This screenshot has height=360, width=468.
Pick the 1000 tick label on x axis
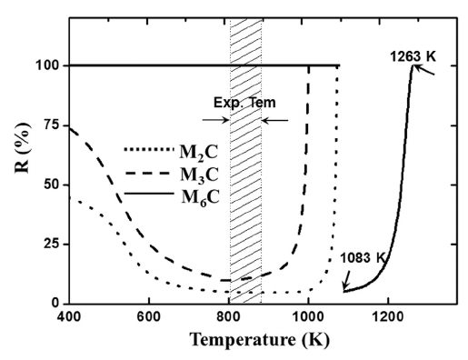[308, 317]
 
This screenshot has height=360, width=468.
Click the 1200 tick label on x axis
[388, 317]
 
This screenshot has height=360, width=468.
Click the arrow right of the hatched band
[276, 119]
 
